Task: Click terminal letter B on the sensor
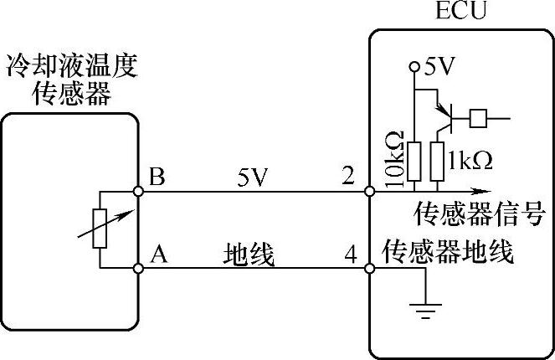tap(157, 177)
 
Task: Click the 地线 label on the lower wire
tap(249, 254)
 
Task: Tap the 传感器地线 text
tap(448, 251)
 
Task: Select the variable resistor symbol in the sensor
tap(100, 226)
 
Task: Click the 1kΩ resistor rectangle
tap(436, 161)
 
